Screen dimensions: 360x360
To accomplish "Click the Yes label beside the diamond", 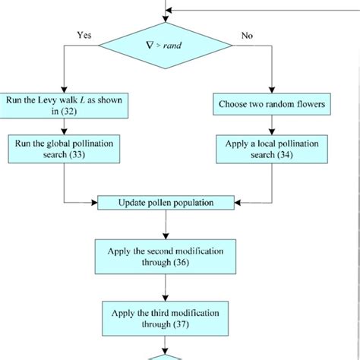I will point(85,34).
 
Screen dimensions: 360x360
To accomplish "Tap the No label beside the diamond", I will point(248,34).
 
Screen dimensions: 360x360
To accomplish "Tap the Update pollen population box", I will point(164,203).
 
